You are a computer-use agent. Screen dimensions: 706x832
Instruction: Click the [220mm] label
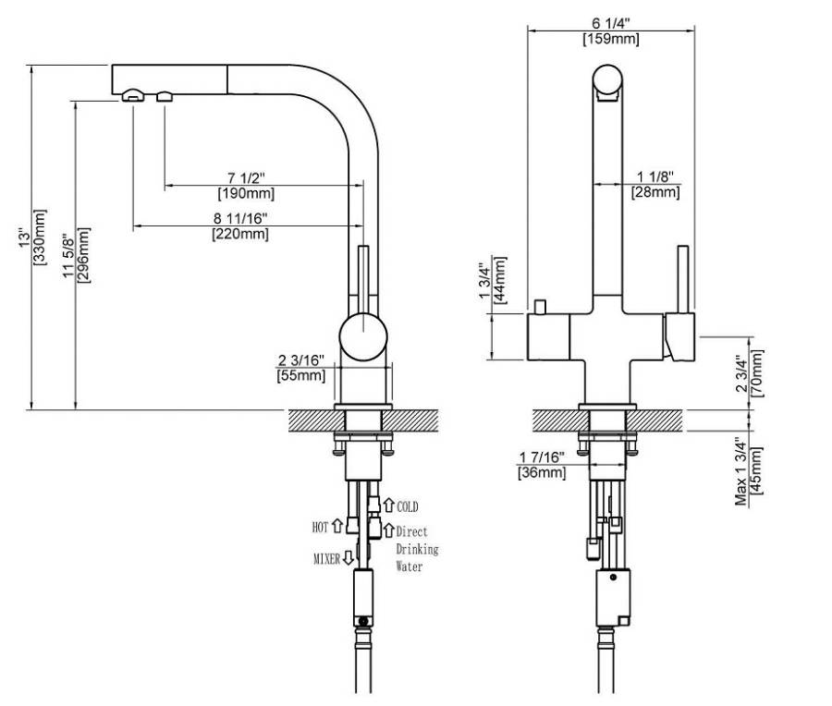(242, 234)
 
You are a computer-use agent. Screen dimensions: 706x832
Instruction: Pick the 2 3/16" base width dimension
(300, 360)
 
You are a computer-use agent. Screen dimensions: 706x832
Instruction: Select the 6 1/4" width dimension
(610, 23)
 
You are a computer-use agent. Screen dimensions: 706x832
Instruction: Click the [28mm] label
(655, 192)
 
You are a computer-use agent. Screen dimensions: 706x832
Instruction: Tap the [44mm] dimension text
(500, 282)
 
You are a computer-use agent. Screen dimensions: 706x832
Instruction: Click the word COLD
(407, 507)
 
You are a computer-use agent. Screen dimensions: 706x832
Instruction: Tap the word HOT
(320, 527)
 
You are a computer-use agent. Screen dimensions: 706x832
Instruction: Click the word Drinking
(417, 549)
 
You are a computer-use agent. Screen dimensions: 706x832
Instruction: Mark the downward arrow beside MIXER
(349, 557)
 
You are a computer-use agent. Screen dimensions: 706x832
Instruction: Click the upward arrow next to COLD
(388, 506)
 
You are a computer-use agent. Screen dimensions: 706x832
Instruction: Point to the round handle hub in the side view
(362, 337)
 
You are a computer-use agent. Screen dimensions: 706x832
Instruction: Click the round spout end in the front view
(609, 80)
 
